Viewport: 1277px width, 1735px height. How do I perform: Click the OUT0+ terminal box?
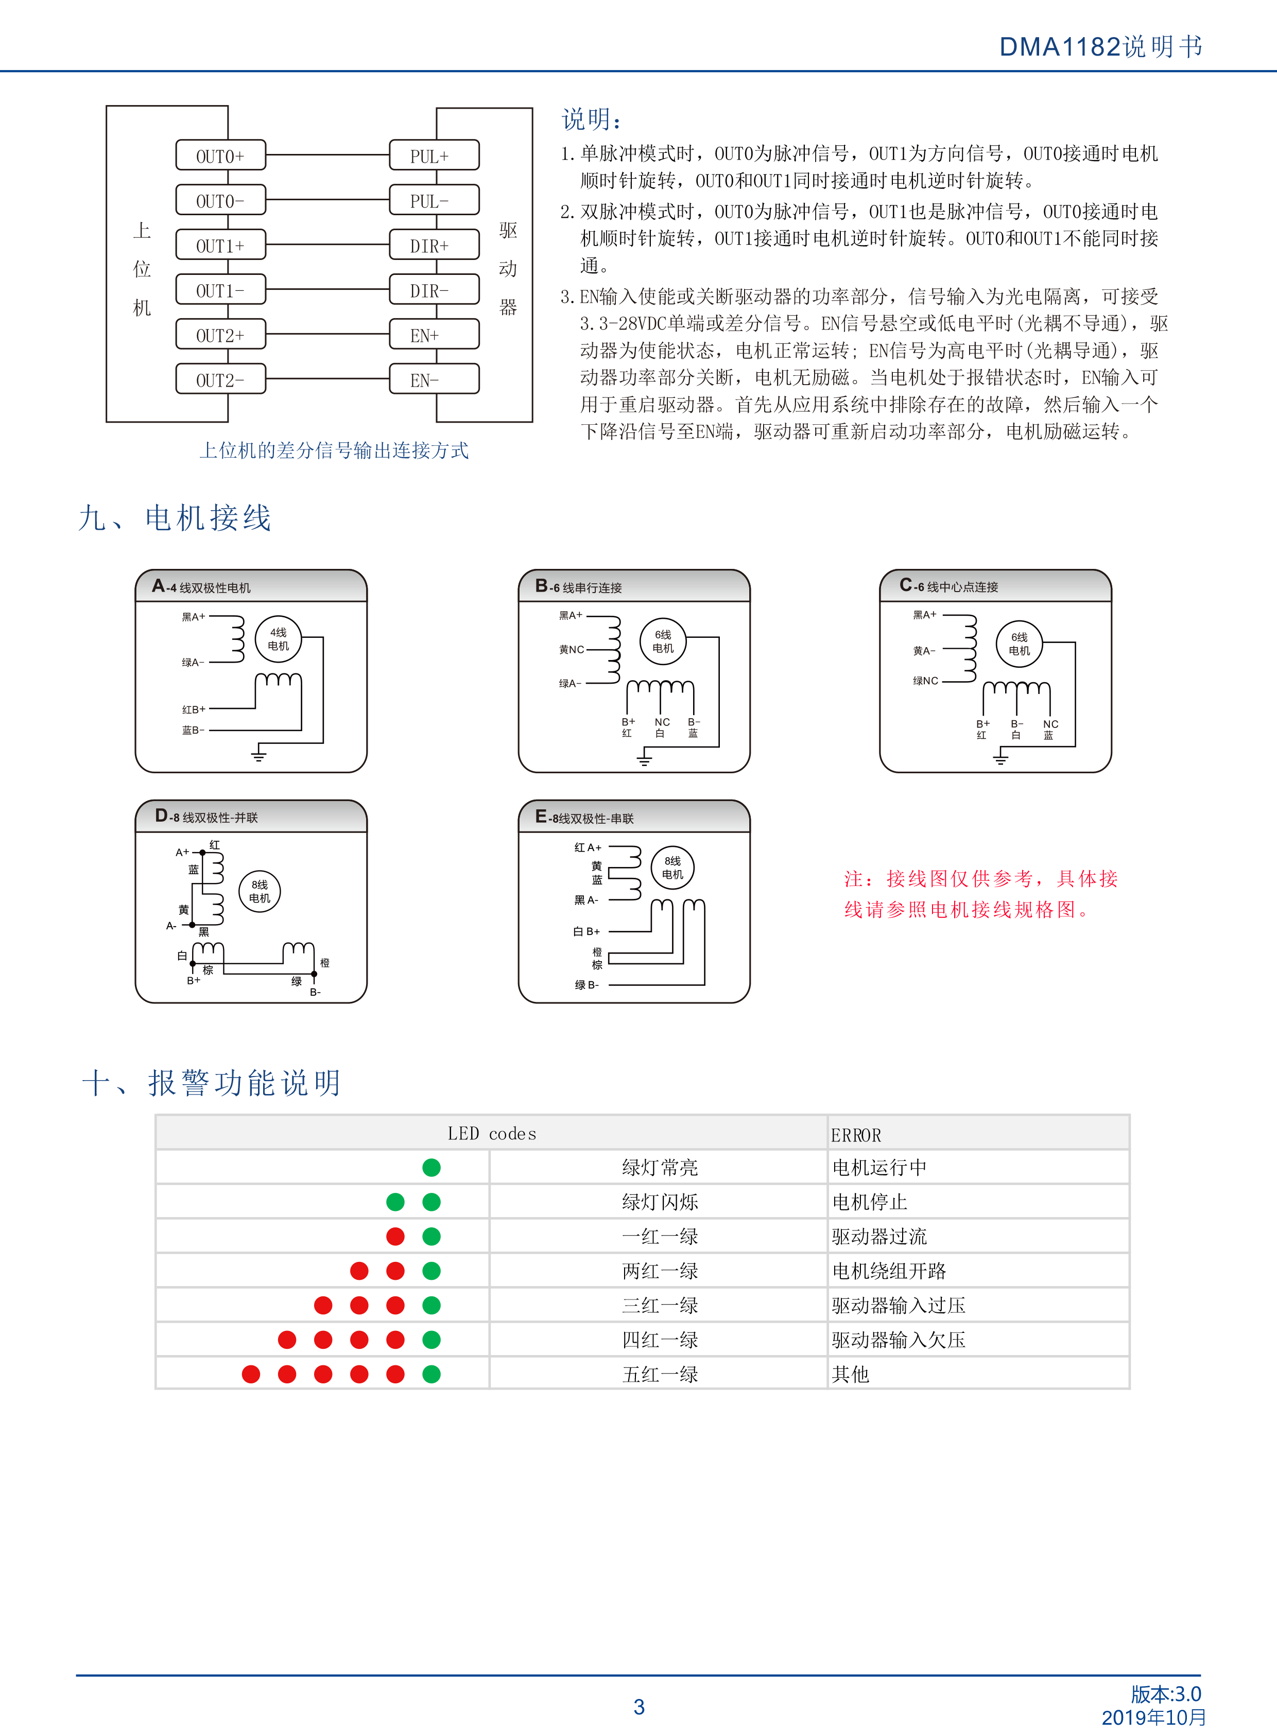coord(220,155)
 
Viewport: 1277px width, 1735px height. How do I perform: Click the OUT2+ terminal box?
coord(220,335)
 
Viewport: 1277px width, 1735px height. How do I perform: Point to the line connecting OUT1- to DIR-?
coord(328,290)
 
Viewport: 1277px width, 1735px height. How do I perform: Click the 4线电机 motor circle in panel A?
coord(278,638)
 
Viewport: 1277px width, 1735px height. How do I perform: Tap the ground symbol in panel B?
coord(644,760)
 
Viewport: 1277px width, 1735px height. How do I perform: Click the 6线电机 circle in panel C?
coord(1020,644)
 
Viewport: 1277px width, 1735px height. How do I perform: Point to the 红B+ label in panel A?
coord(193,709)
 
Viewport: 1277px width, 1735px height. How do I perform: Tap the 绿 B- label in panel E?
coord(586,984)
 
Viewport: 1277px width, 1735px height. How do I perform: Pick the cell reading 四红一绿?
coord(660,1339)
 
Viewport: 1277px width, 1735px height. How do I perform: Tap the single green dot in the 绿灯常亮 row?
coord(432,1167)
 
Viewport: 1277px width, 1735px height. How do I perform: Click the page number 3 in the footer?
coord(640,1706)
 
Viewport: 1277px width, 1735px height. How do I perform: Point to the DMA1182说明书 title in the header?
coord(1101,46)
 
